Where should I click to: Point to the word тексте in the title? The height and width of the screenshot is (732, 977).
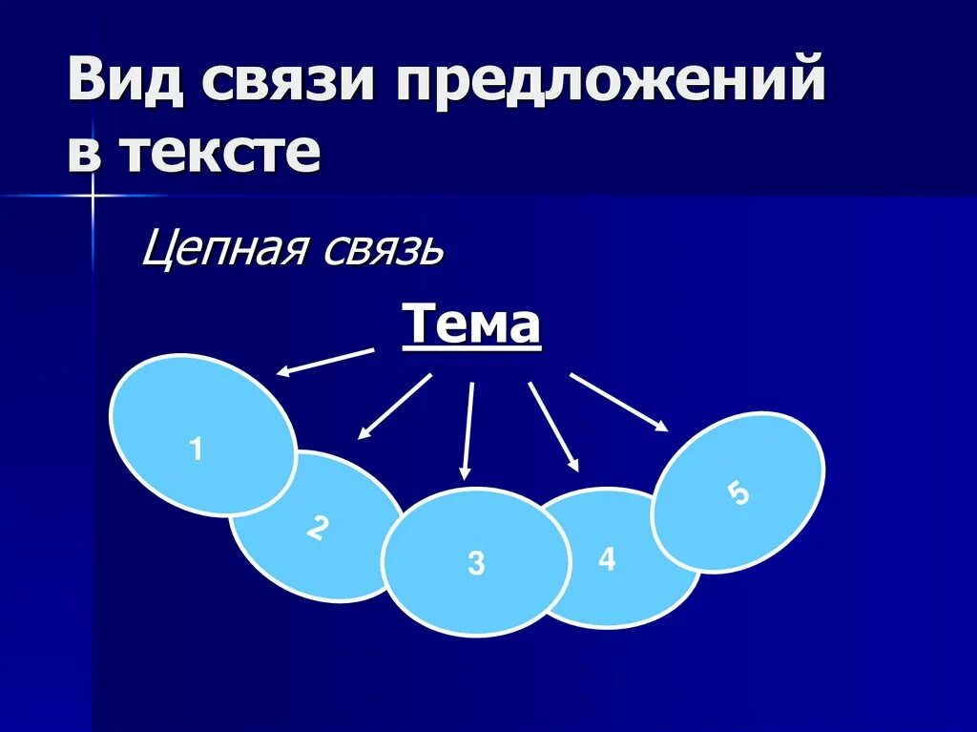tap(220, 153)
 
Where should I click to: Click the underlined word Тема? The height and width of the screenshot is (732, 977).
tap(471, 325)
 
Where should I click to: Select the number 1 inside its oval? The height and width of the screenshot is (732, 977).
tap(197, 449)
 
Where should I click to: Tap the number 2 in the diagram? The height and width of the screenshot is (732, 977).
tap(318, 528)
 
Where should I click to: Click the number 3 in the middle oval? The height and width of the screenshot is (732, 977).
tap(476, 563)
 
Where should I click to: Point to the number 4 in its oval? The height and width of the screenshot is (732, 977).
tap(607, 559)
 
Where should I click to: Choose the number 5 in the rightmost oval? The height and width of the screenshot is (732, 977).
tap(738, 494)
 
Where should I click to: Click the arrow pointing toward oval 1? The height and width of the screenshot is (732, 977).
tap(324, 363)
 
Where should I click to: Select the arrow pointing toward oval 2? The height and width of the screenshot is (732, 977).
tap(395, 407)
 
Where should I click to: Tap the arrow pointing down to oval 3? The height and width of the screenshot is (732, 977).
tap(468, 429)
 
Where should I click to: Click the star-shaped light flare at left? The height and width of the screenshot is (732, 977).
tap(94, 196)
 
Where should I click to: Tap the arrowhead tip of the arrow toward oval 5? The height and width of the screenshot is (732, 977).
tap(665, 429)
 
